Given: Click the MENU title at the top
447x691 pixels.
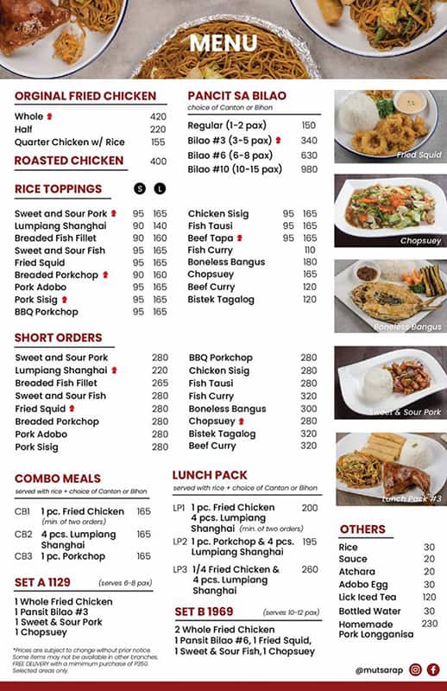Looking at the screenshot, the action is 223,43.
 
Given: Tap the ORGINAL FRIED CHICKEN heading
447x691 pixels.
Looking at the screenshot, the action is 85,96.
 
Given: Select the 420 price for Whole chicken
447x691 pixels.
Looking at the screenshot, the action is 158,117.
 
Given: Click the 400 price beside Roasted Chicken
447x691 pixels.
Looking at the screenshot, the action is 158,162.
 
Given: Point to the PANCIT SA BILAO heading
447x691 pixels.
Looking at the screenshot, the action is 236,95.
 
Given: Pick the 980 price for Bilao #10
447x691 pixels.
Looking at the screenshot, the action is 309,169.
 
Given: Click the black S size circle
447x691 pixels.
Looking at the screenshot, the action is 140,188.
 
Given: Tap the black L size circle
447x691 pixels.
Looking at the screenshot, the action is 160,188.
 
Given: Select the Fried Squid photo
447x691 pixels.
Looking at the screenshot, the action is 389,126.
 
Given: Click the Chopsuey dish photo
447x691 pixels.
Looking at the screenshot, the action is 389,211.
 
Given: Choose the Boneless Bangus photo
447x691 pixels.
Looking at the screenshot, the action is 389,295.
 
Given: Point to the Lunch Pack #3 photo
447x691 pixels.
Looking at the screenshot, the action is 389,468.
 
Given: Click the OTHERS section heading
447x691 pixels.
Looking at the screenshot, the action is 362,529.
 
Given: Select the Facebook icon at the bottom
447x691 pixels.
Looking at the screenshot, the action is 433,669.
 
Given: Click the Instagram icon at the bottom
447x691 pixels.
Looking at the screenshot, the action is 416,669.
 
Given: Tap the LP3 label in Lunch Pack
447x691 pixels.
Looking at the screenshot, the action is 179,570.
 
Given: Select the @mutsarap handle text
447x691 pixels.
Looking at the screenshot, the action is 376,670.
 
